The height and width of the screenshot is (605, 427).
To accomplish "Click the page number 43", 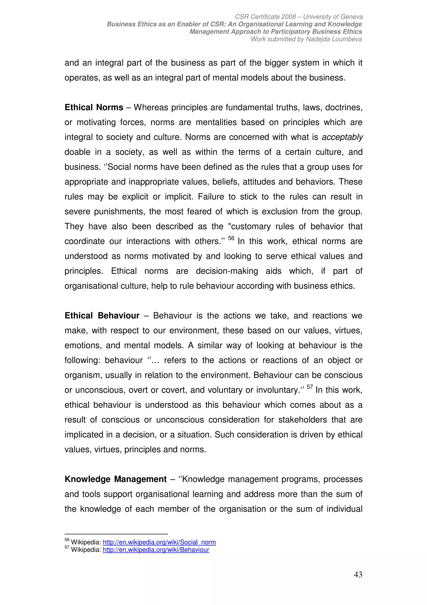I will (x=358, y=575).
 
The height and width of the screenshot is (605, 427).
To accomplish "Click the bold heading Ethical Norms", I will (x=94, y=108).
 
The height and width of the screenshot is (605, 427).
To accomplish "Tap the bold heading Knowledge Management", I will (x=116, y=479).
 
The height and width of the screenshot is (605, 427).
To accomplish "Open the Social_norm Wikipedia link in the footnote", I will (x=159, y=542).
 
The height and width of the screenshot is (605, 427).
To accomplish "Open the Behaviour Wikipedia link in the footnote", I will (x=156, y=550).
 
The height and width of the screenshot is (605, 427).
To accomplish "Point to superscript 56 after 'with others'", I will (x=231, y=238).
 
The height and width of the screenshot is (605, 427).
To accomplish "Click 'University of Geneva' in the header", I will (x=333, y=17).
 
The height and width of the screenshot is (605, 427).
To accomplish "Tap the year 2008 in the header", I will (x=289, y=17).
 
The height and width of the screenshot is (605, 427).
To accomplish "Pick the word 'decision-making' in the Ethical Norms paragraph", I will (x=227, y=271).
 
